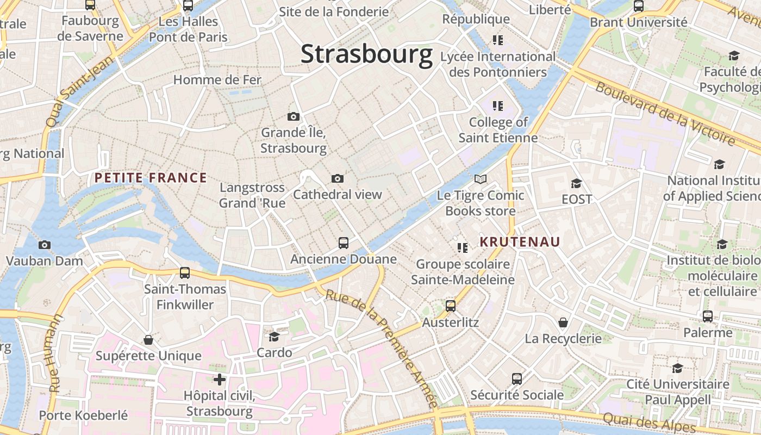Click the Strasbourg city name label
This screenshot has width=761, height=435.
tap(366, 54)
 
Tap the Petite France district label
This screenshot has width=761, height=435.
tap(151, 178)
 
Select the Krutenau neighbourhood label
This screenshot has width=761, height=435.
tap(520, 242)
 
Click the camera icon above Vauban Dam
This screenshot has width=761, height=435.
tap(45, 245)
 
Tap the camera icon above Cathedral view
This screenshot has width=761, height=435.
tap(337, 178)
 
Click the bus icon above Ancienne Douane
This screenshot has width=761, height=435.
tap(343, 243)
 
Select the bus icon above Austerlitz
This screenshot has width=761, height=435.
tap(450, 306)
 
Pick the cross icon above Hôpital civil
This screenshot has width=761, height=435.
tap(220, 380)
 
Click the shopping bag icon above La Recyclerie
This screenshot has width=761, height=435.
tap(563, 322)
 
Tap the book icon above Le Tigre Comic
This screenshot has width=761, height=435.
tap(481, 179)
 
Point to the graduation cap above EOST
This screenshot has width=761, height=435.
tap(576, 183)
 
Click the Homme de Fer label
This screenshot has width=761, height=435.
tap(217, 80)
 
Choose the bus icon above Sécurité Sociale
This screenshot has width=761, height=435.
tap(516, 378)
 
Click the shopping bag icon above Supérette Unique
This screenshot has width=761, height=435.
tap(148, 340)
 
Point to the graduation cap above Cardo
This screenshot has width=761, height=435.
tap(274, 337)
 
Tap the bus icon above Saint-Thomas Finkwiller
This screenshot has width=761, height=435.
tap(185, 272)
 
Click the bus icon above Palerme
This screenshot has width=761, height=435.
tap(707, 316)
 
